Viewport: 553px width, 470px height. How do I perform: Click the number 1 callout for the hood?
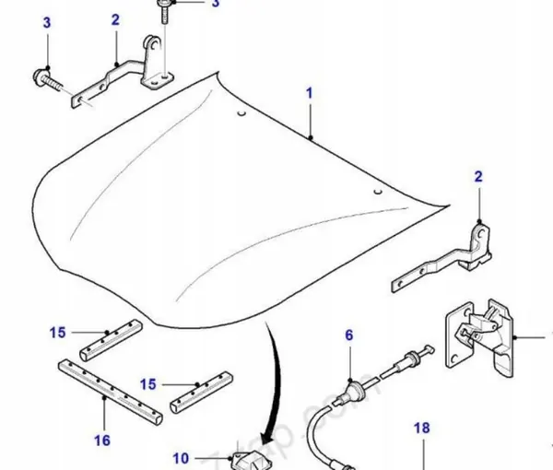click(x=311, y=94)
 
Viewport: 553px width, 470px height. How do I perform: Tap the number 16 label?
click(x=103, y=441)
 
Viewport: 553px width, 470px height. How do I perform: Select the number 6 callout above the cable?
click(x=349, y=336)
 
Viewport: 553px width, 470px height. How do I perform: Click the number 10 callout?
click(x=181, y=458)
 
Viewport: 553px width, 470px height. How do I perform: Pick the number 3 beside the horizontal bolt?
click(x=46, y=48)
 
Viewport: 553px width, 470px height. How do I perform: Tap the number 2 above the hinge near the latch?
click(x=478, y=176)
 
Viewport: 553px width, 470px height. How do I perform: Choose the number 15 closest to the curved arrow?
click(x=147, y=383)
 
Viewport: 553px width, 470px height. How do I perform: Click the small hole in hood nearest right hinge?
click(x=377, y=191)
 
